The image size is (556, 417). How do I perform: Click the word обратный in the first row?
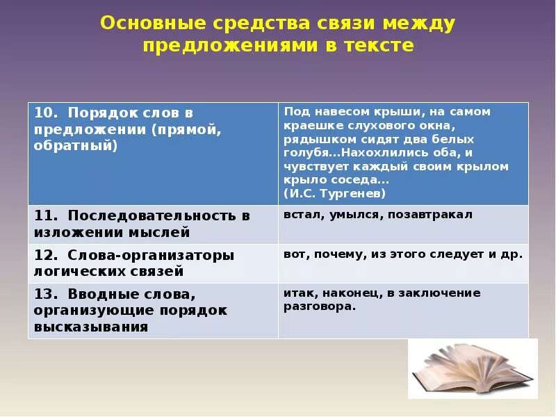[x=75, y=146]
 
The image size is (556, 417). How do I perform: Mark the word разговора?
[x=319, y=306]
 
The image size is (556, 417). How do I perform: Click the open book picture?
[x=472, y=368]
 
